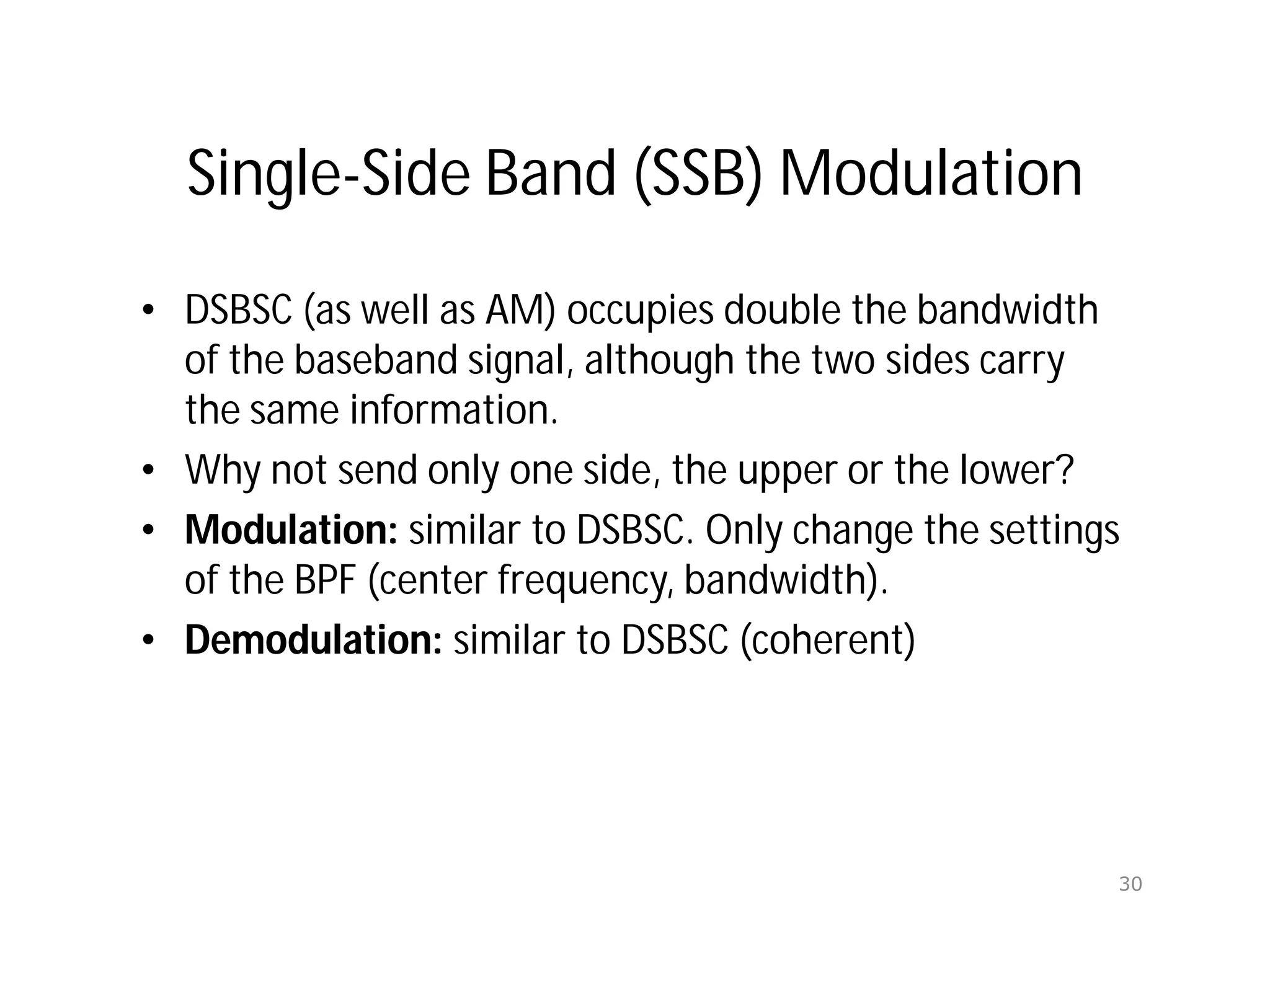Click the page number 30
click(x=1130, y=884)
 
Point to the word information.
click(x=453, y=411)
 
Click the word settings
click(x=1054, y=531)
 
